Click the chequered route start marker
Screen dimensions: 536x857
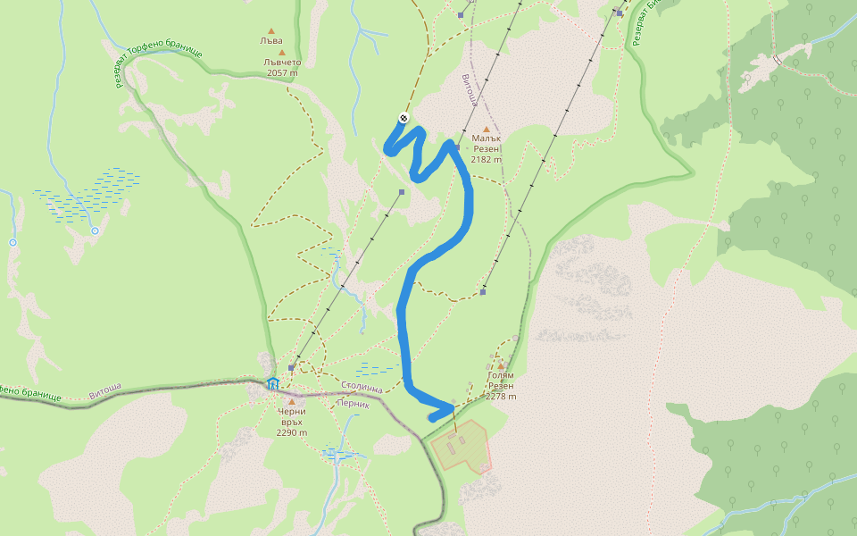(404, 118)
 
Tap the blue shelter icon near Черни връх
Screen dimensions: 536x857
(272, 384)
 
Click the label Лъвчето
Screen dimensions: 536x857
(283, 63)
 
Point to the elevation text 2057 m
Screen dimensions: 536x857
(283, 73)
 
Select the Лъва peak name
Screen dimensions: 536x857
(271, 41)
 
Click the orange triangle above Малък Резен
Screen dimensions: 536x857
(487, 129)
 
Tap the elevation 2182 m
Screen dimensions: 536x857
(487, 160)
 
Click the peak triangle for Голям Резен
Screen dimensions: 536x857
(501, 366)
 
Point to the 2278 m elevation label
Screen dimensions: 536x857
(501, 397)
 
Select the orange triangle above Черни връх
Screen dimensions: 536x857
(291, 401)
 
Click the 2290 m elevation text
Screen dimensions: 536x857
(292, 432)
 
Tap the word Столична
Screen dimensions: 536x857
(362, 389)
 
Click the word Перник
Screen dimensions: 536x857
(354, 403)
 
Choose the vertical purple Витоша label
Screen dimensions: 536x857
(467, 90)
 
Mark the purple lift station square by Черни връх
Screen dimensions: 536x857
(292, 367)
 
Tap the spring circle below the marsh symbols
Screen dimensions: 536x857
(96, 230)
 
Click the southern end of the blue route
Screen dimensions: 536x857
(432, 417)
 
